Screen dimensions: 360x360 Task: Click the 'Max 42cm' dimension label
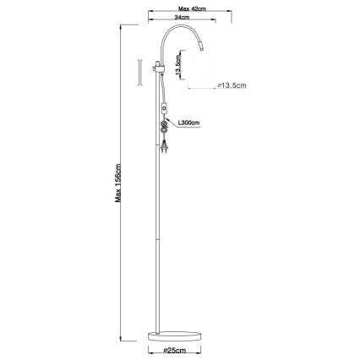pyautogui.click(x=180, y=6)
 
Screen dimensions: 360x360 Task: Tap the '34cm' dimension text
pyautogui.click(x=180, y=17)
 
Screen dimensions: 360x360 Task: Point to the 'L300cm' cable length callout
pyautogui.click(x=188, y=124)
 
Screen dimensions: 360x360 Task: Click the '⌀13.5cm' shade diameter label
pyautogui.click(x=232, y=85)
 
